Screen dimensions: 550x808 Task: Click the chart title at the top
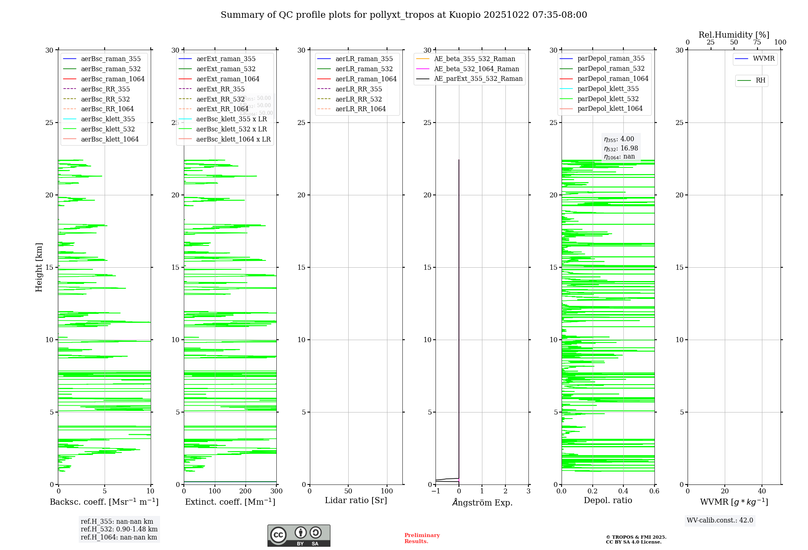tap(404, 15)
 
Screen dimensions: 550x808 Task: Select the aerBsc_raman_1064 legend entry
tap(112, 79)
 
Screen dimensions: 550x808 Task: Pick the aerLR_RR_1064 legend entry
tap(360, 109)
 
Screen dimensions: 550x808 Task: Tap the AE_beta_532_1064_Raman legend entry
tap(476, 69)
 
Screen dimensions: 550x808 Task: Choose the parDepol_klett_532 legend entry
tap(608, 99)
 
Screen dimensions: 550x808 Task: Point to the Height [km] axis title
tap(39, 267)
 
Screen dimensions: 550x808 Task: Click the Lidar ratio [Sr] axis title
tap(356, 500)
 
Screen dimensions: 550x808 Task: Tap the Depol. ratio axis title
tap(608, 500)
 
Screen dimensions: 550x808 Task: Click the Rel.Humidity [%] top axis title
tap(734, 35)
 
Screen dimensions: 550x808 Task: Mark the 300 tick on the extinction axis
tap(276, 491)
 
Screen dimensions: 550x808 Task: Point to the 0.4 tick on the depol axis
tap(623, 491)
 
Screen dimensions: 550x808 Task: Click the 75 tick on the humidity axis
tap(757, 42)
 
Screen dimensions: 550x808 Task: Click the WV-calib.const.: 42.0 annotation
tap(720, 520)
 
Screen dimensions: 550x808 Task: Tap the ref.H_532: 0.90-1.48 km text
tap(119, 529)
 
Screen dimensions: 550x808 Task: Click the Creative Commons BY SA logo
tap(299, 535)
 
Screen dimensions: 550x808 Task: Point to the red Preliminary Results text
tap(422, 538)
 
